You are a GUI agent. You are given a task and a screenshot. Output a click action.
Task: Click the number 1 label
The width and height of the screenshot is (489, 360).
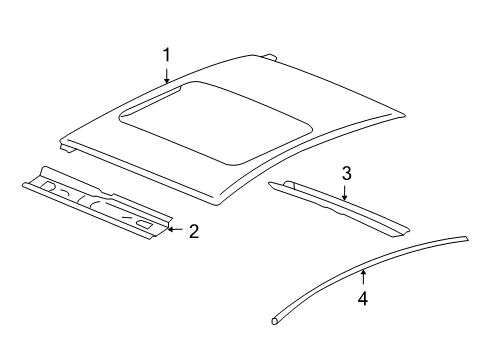(167, 54)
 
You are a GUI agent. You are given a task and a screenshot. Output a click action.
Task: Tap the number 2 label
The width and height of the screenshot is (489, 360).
(193, 231)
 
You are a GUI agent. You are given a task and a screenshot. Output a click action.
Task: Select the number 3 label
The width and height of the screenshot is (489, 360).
(346, 173)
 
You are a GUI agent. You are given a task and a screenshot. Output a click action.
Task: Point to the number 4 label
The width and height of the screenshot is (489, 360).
(363, 298)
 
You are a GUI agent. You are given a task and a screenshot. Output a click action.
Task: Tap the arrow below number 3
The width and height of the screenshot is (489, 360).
(345, 191)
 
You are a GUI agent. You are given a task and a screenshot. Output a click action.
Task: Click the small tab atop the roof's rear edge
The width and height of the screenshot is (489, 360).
(271, 57)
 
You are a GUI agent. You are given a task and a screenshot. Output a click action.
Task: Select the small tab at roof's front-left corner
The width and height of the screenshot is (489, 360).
(66, 150)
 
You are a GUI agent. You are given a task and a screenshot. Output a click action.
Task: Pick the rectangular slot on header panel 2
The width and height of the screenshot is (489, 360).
(147, 224)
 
